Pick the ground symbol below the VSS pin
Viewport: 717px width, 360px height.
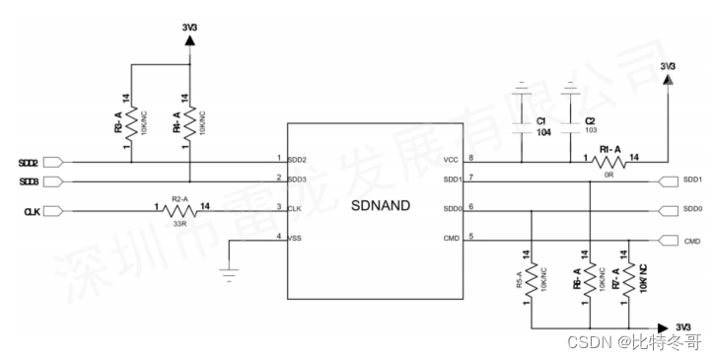231,273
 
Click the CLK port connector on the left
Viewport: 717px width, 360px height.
54,210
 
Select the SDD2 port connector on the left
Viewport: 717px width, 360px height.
54,162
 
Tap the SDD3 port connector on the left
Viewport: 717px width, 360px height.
54,181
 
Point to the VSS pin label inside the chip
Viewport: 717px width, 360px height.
296,238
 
